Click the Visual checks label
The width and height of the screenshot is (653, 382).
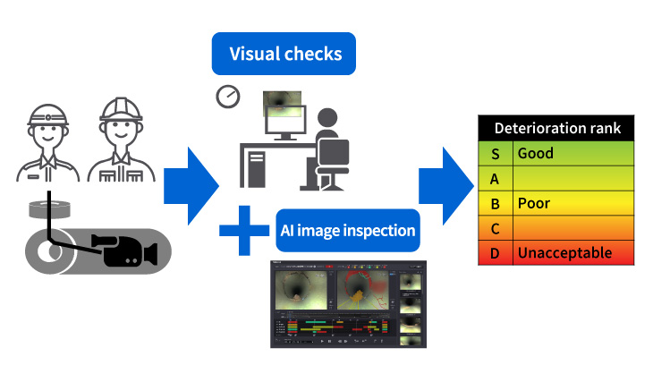pyautogui.click(x=285, y=54)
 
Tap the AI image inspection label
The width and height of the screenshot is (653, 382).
pyautogui.click(x=347, y=231)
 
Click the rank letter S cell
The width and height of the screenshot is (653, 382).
pyautogui.click(x=496, y=153)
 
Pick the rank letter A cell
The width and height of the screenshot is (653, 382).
pyautogui.click(x=496, y=178)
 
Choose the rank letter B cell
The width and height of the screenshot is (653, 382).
pyautogui.click(x=496, y=203)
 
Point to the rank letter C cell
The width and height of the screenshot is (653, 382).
pyautogui.click(x=496, y=228)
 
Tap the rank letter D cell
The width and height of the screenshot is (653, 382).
pyautogui.click(x=496, y=253)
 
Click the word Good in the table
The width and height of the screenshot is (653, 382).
pyautogui.click(x=536, y=153)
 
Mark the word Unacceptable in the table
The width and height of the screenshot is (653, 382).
pyautogui.click(x=564, y=253)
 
